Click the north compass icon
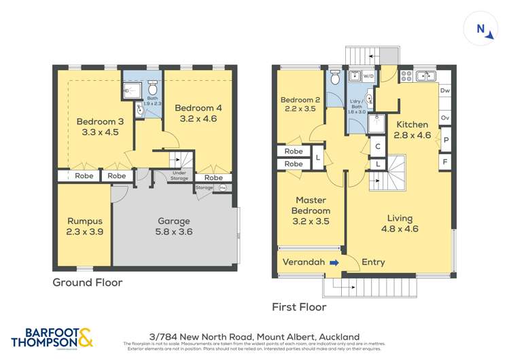483,29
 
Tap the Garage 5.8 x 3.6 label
174,226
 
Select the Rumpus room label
84,226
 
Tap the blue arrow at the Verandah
334,262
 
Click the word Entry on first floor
373,262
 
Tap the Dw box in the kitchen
445,91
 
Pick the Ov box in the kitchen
445,118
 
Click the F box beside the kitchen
445,162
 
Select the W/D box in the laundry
368,77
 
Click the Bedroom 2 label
300,104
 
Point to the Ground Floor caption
88,282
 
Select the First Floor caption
299,307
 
